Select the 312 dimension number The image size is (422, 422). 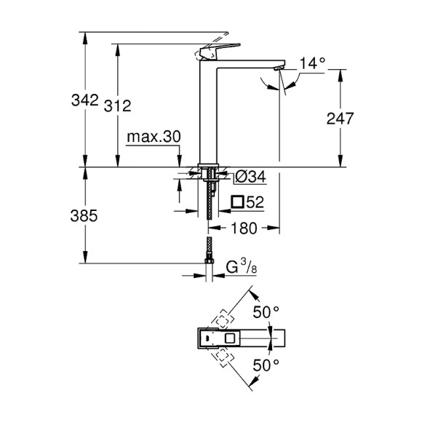pos(118,106)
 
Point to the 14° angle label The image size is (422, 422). pos(311,63)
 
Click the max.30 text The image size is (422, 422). pos(153,138)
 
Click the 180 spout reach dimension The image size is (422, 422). pos(244,228)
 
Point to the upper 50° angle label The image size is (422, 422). pos(265,312)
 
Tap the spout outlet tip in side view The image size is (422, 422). pos(277,67)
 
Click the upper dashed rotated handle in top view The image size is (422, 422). pos(223,320)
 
